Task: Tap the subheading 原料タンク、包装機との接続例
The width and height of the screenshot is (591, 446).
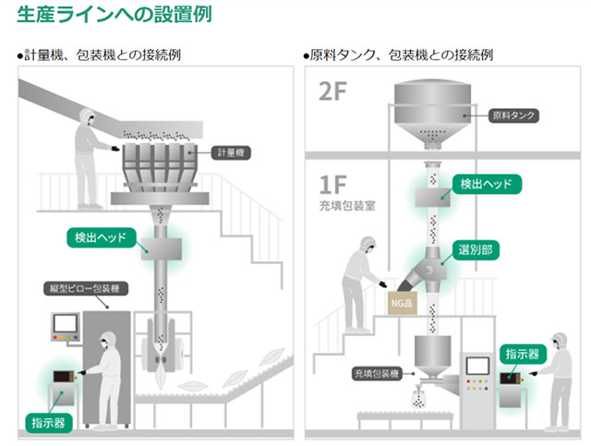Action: (398, 55)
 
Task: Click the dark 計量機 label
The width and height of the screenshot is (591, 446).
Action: (226, 151)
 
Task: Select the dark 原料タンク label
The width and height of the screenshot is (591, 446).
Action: (514, 116)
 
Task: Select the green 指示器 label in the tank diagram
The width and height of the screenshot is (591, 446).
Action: (523, 354)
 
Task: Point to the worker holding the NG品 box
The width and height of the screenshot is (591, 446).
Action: (358, 282)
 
